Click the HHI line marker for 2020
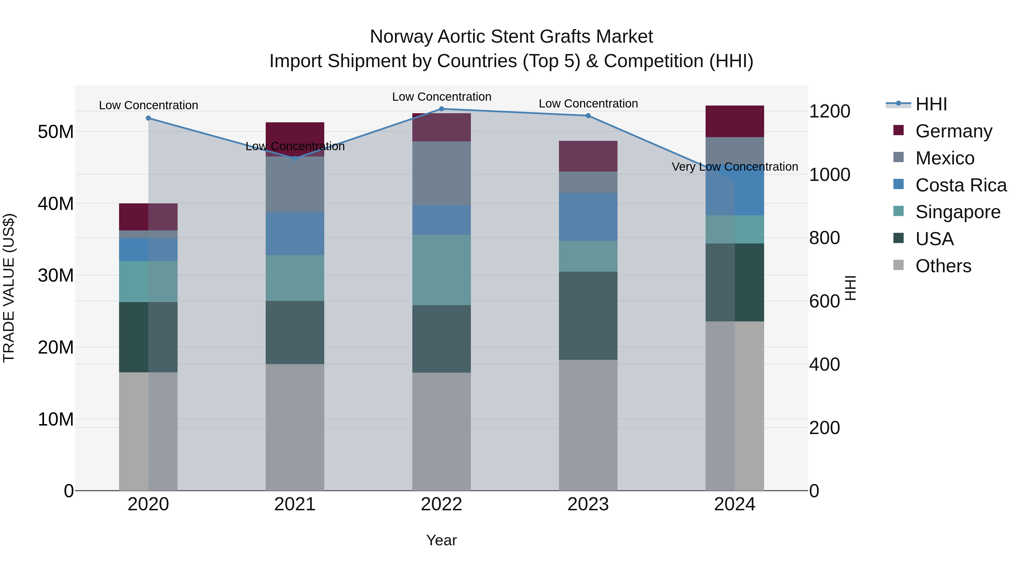tap(148, 118)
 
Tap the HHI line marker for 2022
tap(441, 109)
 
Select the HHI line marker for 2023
tap(588, 116)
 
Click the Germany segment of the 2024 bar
tap(735, 121)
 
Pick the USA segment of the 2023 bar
tap(588, 316)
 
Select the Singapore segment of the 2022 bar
tap(441, 270)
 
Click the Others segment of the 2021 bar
tap(295, 427)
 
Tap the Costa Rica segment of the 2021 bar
tap(295, 234)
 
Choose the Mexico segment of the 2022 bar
tap(441, 173)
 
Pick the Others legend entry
tap(943, 266)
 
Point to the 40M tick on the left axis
tap(56, 204)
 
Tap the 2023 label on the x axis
tap(588, 504)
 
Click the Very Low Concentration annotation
tap(735, 167)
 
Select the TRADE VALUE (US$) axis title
tap(9, 288)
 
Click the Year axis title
tap(441, 541)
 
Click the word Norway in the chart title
tap(401, 37)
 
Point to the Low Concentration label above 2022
tap(442, 97)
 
